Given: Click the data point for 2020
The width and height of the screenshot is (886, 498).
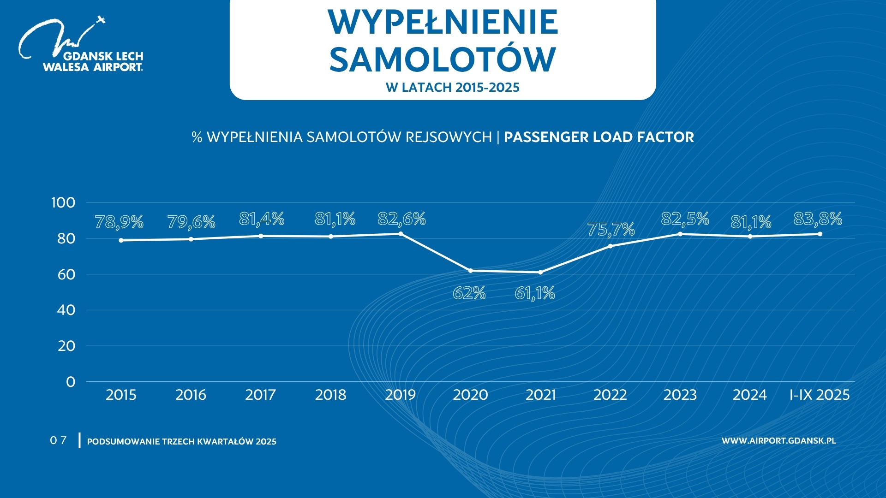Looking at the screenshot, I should tap(470, 271).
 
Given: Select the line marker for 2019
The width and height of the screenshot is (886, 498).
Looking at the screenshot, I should tap(401, 234).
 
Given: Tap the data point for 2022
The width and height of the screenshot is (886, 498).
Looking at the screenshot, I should tap(610, 246).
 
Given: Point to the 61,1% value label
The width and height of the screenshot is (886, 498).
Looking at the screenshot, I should tap(535, 293).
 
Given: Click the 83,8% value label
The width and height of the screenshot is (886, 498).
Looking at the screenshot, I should tap(818, 219).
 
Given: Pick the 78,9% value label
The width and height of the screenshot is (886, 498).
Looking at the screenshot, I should tap(119, 222).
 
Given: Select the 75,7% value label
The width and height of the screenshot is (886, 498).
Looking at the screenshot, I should tap(611, 229).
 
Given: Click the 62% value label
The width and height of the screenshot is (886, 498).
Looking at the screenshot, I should tap(469, 293).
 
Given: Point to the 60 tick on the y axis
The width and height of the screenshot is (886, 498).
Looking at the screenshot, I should tap(66, 274).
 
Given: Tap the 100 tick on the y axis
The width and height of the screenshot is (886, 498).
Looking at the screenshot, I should tap(63, 202).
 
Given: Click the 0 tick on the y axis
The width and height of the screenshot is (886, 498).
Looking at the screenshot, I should tap(71, 382).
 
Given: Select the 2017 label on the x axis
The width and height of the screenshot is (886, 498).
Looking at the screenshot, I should tap(260, 395).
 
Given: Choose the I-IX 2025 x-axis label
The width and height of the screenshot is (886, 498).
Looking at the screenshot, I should tap(820, 395).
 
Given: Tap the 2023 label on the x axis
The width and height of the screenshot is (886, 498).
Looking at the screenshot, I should tap(680, 395).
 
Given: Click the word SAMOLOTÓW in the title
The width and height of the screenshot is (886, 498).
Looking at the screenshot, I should tap(443, 59).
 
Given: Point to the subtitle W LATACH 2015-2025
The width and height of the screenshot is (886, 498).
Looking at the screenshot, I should tap(452, 88).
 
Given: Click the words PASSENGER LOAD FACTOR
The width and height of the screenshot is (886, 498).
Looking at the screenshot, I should tap(599, 137).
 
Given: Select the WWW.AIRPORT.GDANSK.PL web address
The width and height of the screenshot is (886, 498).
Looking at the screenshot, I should tap(778, 441).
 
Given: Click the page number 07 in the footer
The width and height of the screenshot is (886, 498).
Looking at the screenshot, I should tap(58, 440).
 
